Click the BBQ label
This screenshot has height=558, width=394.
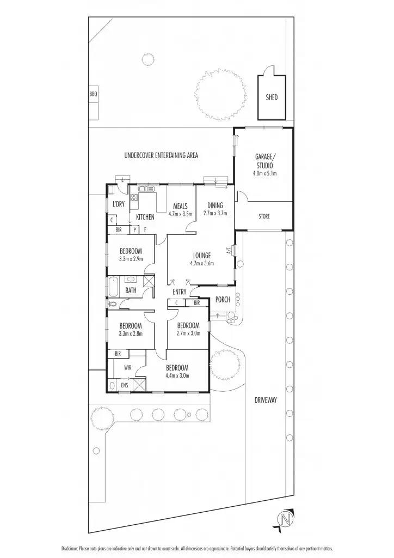93,95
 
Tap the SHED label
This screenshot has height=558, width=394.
272,97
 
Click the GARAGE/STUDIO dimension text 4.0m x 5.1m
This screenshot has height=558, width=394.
264,174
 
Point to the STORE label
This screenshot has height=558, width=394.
264,216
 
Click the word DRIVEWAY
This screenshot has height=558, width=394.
266,400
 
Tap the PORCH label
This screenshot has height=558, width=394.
223,300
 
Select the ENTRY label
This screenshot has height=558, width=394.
180,292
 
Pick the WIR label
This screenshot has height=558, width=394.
128,367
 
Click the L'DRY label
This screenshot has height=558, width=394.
118,204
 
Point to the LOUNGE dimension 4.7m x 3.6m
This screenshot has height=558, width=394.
202,263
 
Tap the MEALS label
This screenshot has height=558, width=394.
180,207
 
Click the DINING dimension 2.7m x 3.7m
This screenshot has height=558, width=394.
216,214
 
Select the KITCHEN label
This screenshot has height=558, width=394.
145,217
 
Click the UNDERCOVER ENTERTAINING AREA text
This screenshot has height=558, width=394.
161,155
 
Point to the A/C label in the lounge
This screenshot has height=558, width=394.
229,251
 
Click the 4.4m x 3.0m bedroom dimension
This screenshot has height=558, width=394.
177,375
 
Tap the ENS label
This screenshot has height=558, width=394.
125,385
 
